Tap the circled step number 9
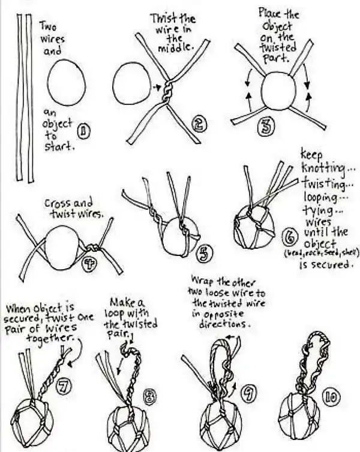coord(246,393)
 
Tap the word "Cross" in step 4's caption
coord(56,204)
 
